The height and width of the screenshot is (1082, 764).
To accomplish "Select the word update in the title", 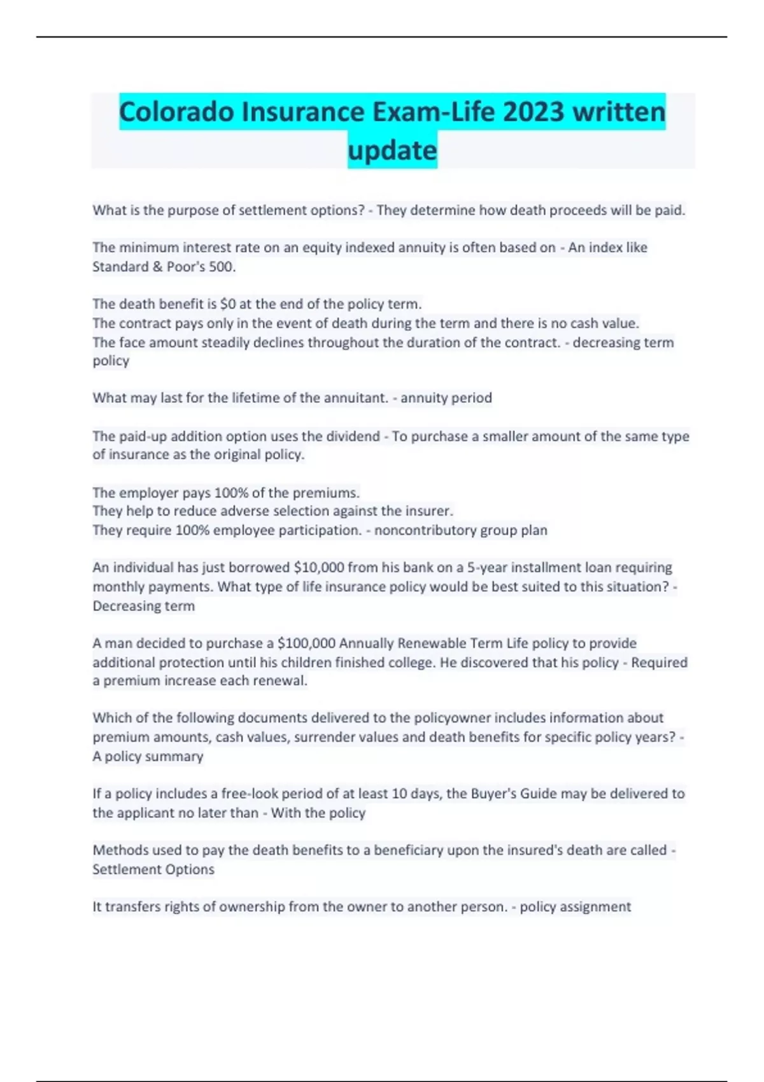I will [x=392, y=151].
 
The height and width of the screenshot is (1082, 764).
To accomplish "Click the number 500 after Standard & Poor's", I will [x=222, y=267].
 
